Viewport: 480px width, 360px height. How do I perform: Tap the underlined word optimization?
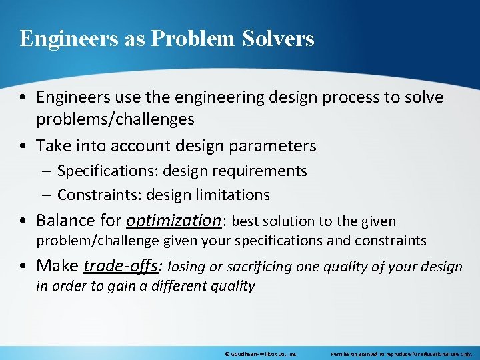[173, 221]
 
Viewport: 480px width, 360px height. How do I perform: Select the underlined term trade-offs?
[121, 266]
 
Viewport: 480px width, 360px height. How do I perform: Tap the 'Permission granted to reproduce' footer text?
[401, 354]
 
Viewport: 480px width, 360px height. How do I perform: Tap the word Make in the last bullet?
[57, 266]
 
